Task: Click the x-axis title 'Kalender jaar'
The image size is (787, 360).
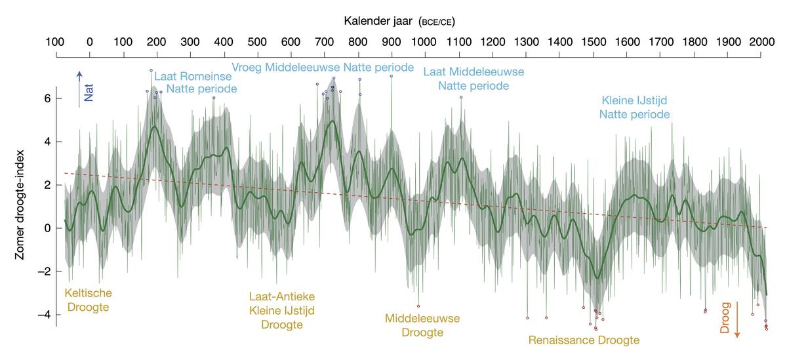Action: (x=379, y=21)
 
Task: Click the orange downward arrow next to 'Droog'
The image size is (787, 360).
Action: (x=737, y=321)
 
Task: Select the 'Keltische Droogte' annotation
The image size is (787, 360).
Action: (x=87, y=300)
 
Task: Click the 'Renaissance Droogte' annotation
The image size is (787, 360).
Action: (x=584, y=340)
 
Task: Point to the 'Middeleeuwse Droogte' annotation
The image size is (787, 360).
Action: (x=422, y=325)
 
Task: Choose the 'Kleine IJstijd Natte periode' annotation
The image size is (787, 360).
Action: (x=634, y=108)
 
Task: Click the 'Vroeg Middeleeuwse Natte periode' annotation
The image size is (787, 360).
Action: (x=323, y=67)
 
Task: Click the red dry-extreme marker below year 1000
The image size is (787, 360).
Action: (x=418, y=306)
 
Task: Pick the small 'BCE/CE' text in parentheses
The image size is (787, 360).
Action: (x=436, y=22)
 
